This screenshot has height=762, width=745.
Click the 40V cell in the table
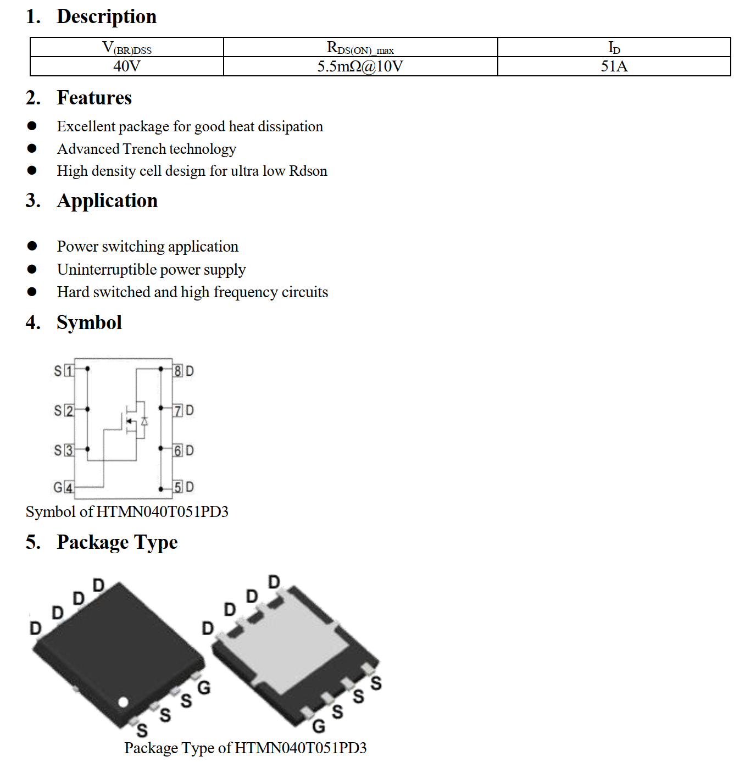pyautogui.click(x=127, y=66)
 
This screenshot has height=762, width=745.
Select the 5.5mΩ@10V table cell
pyautogui.click(x=360, y=66)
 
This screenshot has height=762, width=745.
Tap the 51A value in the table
pyautogui.click(x=614, y=66)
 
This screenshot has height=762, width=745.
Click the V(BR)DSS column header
pyautogui.click(x=127, y=48)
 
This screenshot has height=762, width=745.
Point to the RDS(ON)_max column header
pyautogui.click(x=360, y=48)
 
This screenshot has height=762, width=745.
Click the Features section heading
pyautogui.click(x=94, y=98)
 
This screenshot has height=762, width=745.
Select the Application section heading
pyautogui.click(x=107, y=201)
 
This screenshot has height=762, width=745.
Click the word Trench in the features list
pyautogui.click(x=144, y=149)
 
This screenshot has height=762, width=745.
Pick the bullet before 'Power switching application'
pyautogui.click(x=32, y=246)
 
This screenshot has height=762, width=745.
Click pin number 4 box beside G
pyautogui.click(x=69, y=487)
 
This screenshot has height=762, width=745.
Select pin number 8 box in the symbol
pyautogui.click(x=178, y=371)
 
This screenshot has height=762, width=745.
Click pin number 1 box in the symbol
pyautogui.click(x=69, y=371)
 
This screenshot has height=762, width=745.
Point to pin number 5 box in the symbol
pyautogui.click(x=178, y=487)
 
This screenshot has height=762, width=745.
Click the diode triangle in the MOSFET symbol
pyautogui.click(x=144, y=421)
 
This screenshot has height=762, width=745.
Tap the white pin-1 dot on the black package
pyautogui.click(x=123, y=702)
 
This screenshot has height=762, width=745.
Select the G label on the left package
pyautogui.click(x=204, y=687)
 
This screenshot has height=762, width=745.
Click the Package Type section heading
pyautogui.click(x=117, y=542)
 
